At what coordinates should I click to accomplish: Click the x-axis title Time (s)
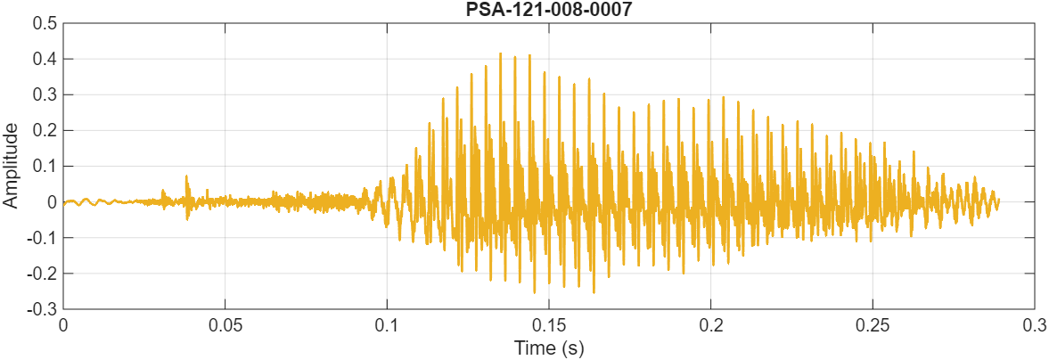click(548, 348)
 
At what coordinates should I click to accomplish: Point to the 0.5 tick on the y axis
click(43, 23)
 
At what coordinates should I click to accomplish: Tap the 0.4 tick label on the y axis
click(43, 59)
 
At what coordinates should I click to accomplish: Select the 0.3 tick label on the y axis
click(43, 94)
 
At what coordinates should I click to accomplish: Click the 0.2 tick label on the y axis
click(43, 130)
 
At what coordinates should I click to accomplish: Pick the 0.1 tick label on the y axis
click(43, 166)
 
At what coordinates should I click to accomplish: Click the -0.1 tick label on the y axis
click(41, 238)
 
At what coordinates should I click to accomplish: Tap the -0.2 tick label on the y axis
click(41, 274)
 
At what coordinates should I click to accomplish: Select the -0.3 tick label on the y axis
click(41, 309)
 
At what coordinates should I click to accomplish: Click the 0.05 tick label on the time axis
click(225, 324)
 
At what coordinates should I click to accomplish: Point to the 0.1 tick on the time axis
click(387, 324)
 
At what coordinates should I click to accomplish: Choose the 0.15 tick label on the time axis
click(548, 324)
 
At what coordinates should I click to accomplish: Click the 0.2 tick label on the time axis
click(710, 324)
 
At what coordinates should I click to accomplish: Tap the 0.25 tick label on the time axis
click(873, 324)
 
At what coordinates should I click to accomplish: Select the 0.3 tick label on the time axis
click(1034, 324)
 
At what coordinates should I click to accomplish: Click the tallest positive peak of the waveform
click(501, 53)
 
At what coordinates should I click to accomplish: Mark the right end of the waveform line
click(998, 200)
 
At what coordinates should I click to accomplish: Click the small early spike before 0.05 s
click(186, 176)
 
